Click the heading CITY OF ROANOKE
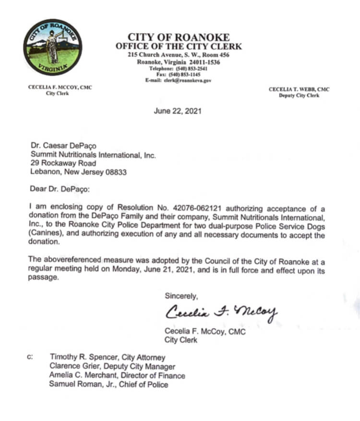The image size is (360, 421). coord(179,37)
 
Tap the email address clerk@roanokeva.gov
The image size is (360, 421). coord(191,81)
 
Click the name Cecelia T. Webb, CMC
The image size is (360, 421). coord(299,89)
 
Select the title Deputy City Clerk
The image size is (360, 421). coord(299,95)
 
